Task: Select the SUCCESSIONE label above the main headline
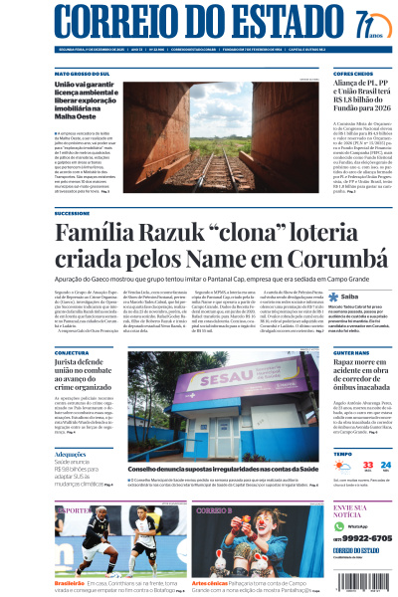[72, 213]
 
